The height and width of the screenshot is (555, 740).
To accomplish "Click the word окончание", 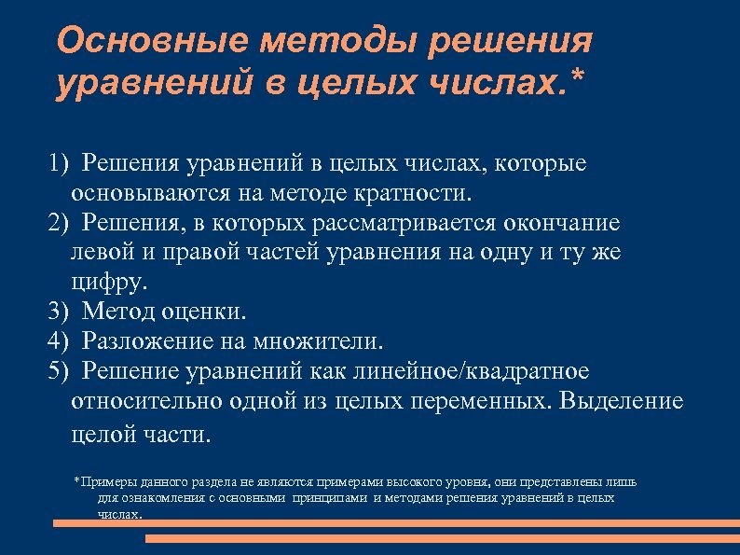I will pos(563,225).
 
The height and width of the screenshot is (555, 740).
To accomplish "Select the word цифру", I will pos(107,282).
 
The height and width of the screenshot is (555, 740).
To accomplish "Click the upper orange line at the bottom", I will pos(391,523).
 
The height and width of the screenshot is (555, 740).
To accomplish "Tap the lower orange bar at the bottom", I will pos(442,538).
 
